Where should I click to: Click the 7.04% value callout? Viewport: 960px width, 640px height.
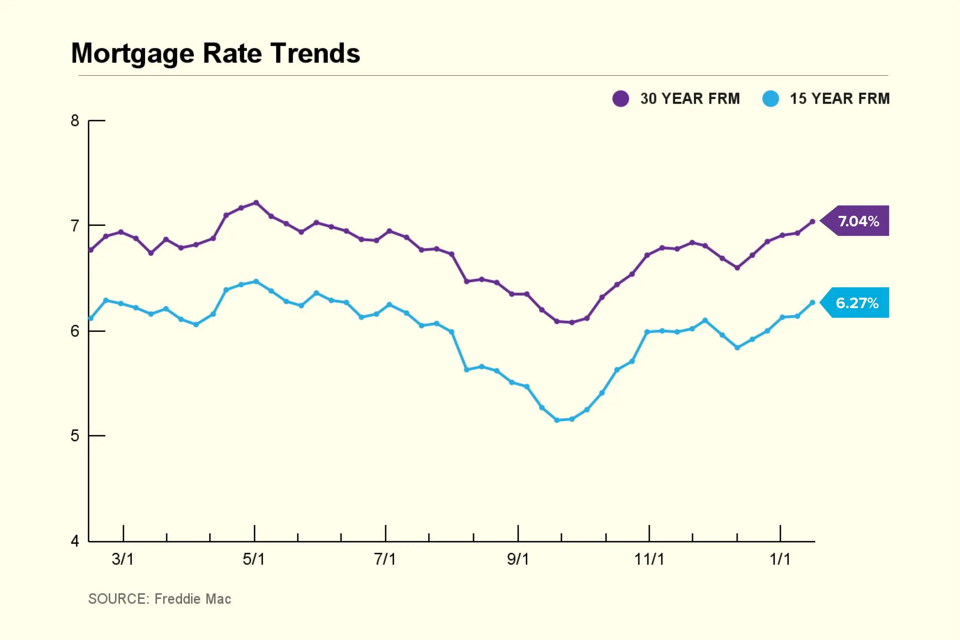(x=858, y=221)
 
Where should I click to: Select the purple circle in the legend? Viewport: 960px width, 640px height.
(x=621, y=98)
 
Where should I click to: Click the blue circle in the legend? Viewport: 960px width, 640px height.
(x=770, y=98)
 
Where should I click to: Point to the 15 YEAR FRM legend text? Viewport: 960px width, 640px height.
(x=840, y=98)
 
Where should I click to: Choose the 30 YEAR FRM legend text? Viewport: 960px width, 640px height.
(x=690, y=98)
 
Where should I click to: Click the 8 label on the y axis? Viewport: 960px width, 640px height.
(x=74, y=120)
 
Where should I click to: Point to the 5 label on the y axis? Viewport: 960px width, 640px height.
(x=74, y=436)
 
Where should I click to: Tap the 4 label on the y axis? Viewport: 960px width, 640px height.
(x=74, y=541)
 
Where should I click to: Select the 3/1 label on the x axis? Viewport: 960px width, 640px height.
(x=123, y=559)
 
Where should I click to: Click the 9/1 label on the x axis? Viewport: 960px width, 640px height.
(x=518, y=559)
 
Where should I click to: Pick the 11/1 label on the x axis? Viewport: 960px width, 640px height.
(x=649, y=559)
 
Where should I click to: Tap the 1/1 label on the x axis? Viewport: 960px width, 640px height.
(x=780, y=559)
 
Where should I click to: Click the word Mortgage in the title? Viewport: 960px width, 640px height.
(x=132, y=53)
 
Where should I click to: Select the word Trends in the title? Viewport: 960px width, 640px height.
(x=315, y=53)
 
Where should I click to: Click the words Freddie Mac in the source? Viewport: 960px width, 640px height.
(x=192, y=599)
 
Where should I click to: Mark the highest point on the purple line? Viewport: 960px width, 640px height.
(x=256, y=202)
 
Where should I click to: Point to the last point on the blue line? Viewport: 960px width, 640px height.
(x=812, y=302)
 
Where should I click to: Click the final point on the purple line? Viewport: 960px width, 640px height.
(x=812, y=222)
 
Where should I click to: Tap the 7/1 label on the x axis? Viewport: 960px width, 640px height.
(x=385, y=559)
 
